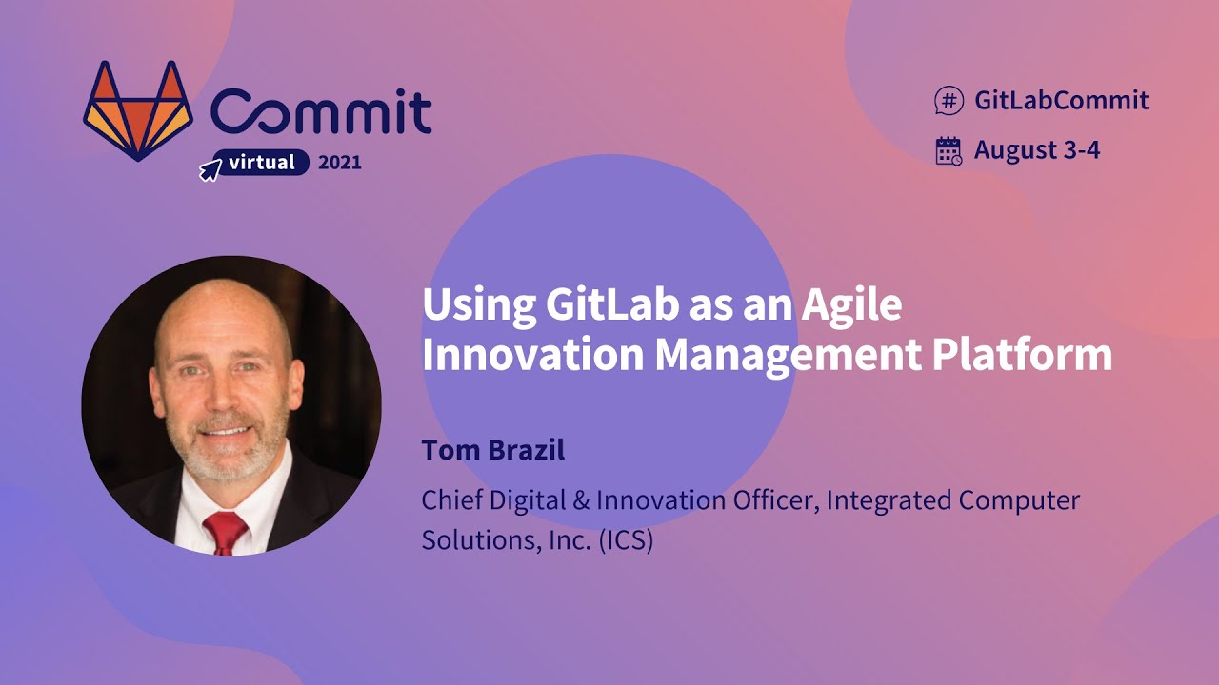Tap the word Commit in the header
tap(321, 112)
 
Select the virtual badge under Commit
tap(261, 163)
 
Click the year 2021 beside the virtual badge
tap(340, 163)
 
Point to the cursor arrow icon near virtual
tap(210, 170)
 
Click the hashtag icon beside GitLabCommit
tap(949, 100)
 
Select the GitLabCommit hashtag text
tap(1061, 100)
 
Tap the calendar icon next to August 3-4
tap(949, 150)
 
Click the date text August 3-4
tap(1037, 150)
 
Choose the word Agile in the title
tap(850, 306)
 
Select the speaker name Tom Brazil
tap(493, 450)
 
